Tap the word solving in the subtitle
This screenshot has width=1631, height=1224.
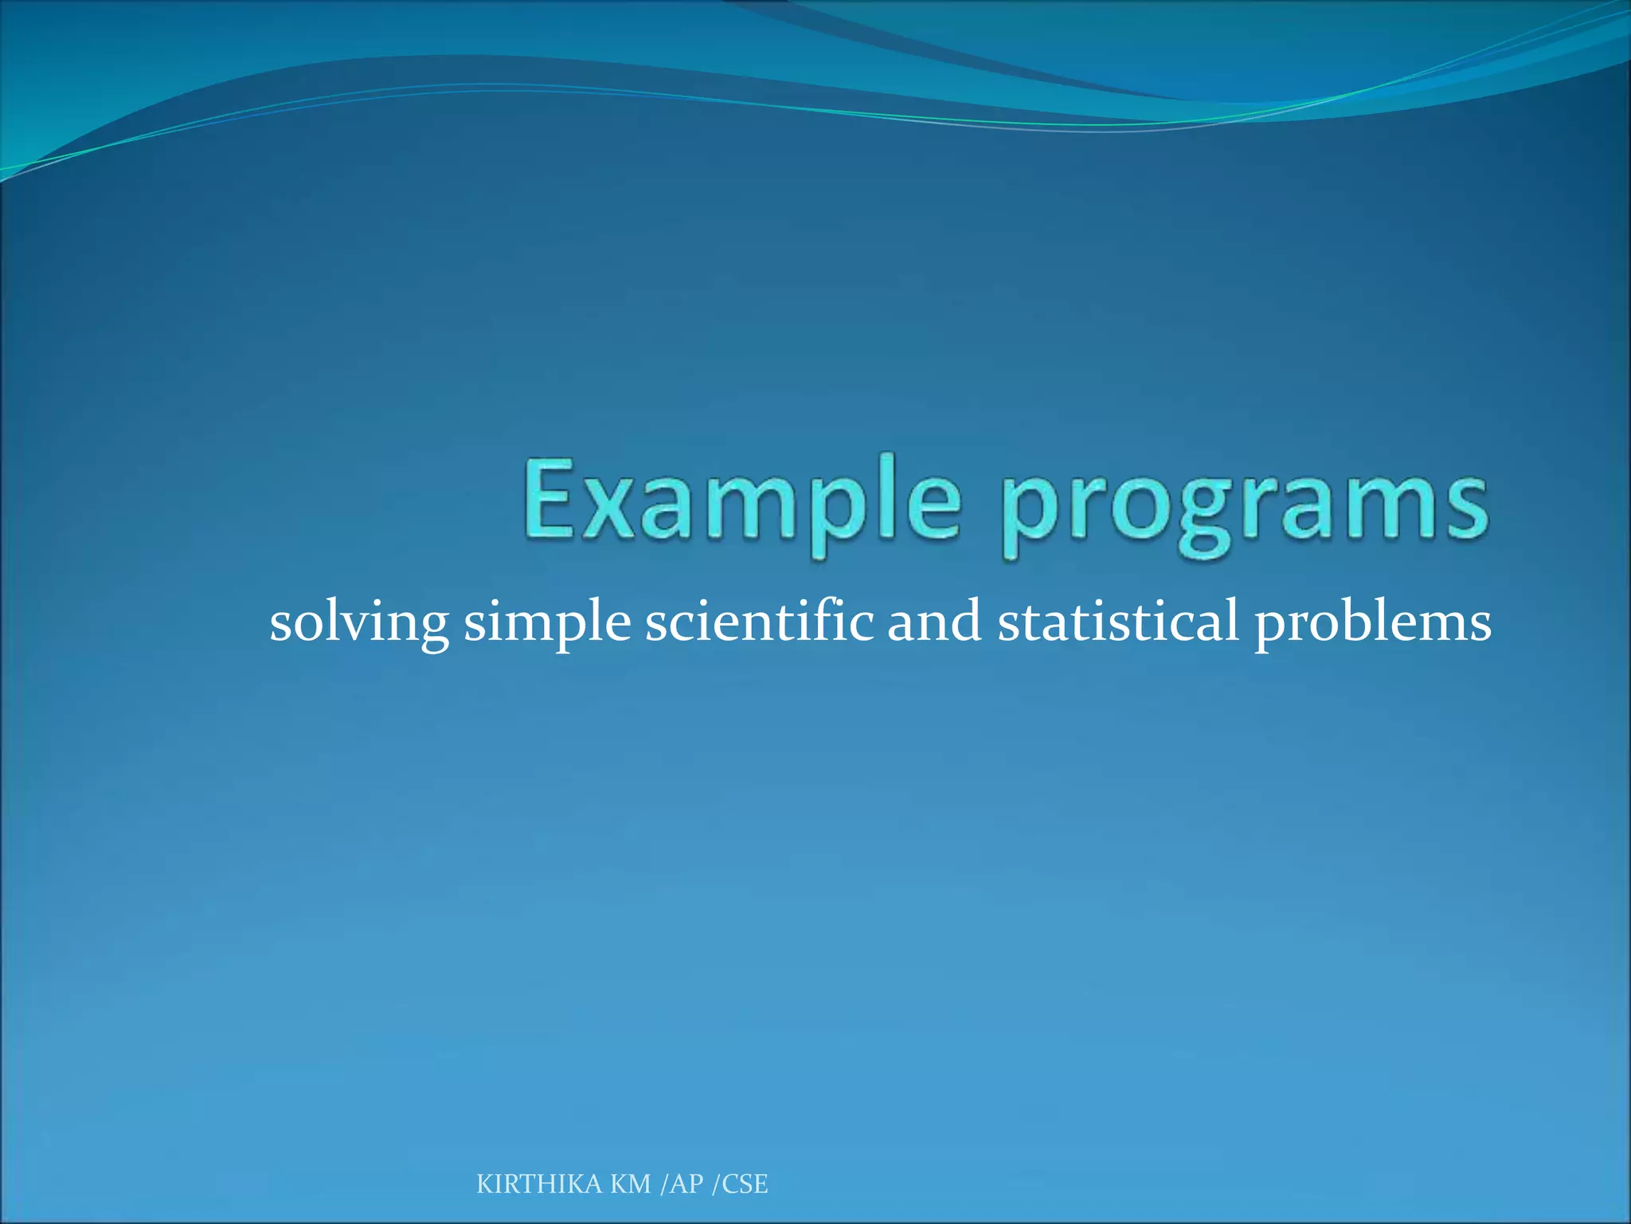pyautogui.click(x=358, y=622)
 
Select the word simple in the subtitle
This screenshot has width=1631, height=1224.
pyautogui.click(x=548, y=622)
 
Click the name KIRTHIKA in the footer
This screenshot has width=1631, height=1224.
pyautogui.click(x=539, y=1184)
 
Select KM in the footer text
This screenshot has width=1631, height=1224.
pyautogui.click(x=631, y=1184)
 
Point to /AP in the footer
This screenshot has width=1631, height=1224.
pyautogui.click(x=683, y=1184)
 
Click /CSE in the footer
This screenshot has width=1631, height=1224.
pyautogui.click(x=740, y=1184)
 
